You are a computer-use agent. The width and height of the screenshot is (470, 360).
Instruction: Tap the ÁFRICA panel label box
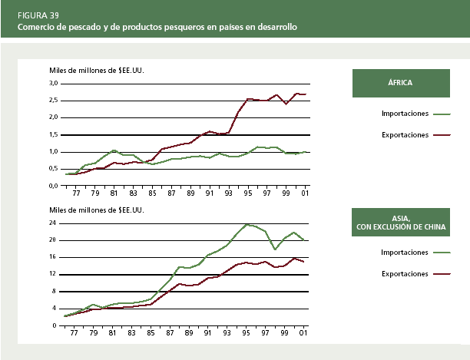[x=400, y=83]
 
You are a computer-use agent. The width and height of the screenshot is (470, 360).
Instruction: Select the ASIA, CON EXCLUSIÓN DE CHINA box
[x=400, y=223]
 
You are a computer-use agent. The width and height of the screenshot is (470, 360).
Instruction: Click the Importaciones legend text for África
[x=405, y=114]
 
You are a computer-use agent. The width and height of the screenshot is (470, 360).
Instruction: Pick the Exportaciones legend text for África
[x=405, y=135]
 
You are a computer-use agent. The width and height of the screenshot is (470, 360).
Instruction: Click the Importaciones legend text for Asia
[x=405, y=252]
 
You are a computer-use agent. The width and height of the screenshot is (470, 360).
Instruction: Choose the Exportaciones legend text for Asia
[x=405, y=273]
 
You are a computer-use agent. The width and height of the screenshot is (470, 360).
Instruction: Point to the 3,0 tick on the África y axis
[x=54, y=83]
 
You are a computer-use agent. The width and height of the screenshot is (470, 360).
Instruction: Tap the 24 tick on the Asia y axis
[x=54, y=223]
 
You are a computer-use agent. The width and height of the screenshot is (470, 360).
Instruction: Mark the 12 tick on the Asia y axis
[x=54, y=274]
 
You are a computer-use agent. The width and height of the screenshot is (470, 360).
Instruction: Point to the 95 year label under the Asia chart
[x=247, y=333]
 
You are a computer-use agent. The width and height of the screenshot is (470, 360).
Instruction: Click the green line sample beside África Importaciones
[x=442, y=114]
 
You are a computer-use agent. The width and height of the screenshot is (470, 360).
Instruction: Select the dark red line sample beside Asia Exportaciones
[x=442, y=273]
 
